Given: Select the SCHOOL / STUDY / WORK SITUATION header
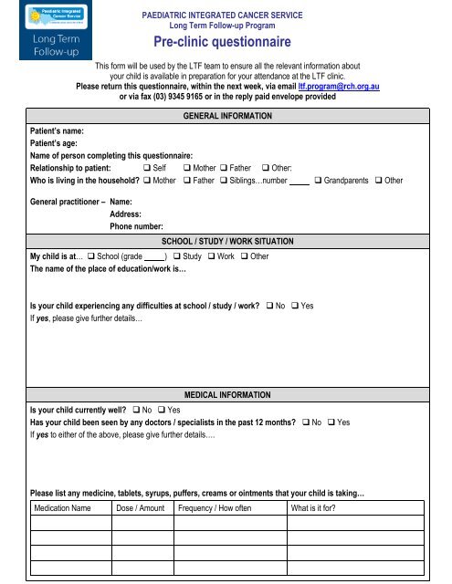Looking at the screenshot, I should [226, 241].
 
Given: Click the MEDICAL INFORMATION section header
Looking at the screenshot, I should [226, 397].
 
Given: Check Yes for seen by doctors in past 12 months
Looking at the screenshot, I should [331, 424].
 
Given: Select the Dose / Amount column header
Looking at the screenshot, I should [141, 508].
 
